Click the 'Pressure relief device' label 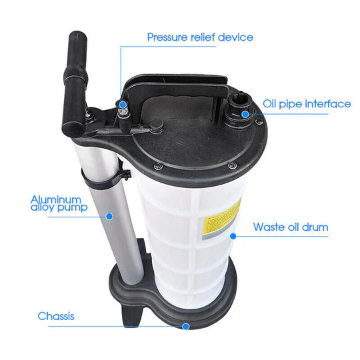pos(200,37)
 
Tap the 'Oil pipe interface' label pos(307,104)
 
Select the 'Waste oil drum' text pos(291,227)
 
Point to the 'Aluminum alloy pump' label pos(59,203)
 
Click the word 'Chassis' pos(56,316)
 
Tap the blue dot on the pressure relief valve pos(123,105)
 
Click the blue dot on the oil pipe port pos(245,114)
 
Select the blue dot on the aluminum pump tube pos(109,216)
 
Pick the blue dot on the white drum pos(233,236)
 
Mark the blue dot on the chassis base pos(186,326)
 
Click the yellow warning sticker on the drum pos(221,219)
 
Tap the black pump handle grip pos(75,84)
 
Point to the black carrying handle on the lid pos(177,87)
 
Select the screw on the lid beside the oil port pos(260,122)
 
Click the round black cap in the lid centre pos(157,127)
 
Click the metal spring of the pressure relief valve pos(122,113)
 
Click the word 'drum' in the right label pos(315,227)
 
